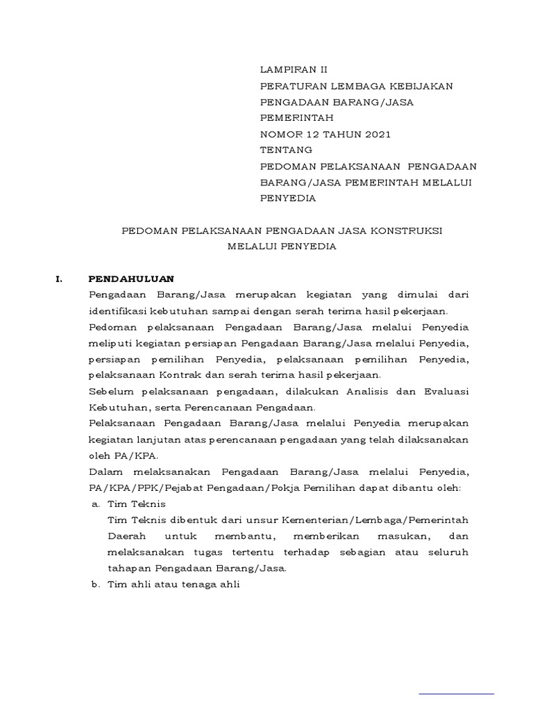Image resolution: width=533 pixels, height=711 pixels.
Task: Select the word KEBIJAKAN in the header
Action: click(423, 86)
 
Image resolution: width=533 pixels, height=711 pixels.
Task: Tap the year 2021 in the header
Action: click(385, 134)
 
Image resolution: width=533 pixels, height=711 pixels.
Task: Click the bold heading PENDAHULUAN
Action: click(131, 280)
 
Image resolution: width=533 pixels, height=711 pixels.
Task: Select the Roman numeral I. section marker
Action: click(59, 280)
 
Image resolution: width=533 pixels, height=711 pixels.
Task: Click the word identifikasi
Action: click(120, 311)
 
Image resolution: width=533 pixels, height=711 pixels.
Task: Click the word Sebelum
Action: click(110, 391)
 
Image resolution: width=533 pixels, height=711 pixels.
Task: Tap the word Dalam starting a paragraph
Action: click(104, 472)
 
